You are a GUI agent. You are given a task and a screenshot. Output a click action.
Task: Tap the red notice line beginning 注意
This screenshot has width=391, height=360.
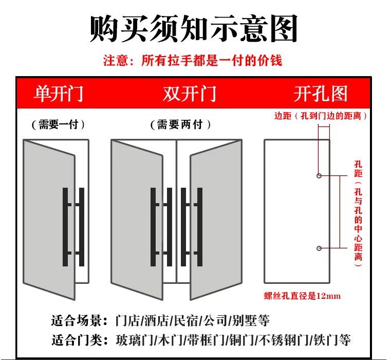[x=193, y=61]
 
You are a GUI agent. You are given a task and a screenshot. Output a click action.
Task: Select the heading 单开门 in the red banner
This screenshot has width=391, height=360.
[x=58, y=94]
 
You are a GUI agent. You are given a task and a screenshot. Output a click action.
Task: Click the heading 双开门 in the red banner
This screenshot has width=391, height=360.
[x=190, y=94]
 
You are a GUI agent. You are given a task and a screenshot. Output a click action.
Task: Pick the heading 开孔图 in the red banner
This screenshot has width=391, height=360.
[x=321, y=94]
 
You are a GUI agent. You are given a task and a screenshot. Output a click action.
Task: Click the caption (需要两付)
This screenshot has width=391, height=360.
[x=180, y=124]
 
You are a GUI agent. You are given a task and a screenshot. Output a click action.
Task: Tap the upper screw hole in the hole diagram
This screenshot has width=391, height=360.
[x=319, y=176]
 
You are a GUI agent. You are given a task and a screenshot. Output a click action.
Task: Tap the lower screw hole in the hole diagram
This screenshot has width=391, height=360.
[x=319, y=248]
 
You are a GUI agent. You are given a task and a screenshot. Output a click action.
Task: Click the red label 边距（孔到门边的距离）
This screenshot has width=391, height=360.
[x=321, y=116]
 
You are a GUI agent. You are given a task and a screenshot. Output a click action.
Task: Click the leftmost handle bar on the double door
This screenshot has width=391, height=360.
[x=153, y=226]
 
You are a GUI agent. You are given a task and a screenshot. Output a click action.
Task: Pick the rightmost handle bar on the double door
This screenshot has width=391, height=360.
[x=200, y=226]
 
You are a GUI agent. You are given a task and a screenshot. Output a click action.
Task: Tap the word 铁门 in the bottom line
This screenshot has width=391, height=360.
[x=326, y=340]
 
